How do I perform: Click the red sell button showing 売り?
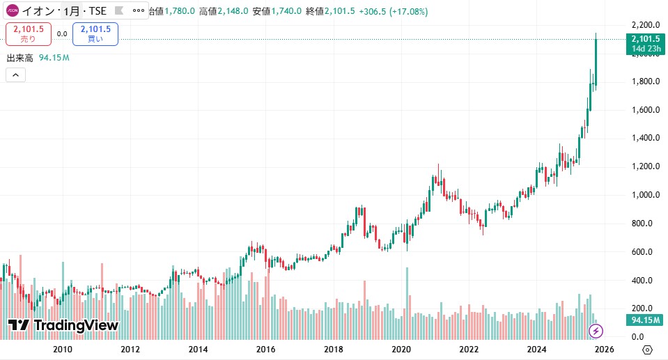pos(29,33)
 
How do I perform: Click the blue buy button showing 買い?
pos(95,33)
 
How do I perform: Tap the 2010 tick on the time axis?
pos(63,349)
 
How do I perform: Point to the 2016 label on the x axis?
pos(265,349)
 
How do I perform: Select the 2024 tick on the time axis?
pos(536,349)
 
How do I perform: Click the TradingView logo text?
pos(63,325)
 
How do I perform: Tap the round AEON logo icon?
pos(12,11)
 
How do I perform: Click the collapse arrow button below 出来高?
pos(15,75)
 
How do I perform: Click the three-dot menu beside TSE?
pos(138,11)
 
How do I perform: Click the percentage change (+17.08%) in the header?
pos(404,11)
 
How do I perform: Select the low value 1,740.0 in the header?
pos(286,11)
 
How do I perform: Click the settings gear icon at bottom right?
pos(647,349)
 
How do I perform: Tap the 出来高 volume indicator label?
pos(20,58)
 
